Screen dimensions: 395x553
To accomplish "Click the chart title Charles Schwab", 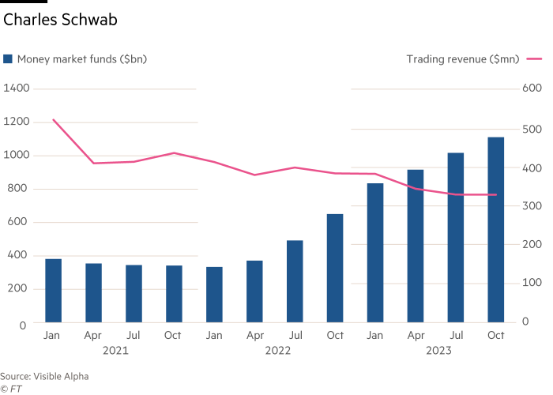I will click(60, 21).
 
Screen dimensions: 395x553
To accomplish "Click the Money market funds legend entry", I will click(75, 58).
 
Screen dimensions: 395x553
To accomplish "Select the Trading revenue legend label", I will click(463, 58).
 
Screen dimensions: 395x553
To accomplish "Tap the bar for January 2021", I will click(53, 290).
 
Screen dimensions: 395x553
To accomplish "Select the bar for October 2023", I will click(496, 229).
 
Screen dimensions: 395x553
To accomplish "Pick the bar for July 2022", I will click(295, 280).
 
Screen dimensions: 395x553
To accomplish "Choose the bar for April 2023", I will click(416, 245).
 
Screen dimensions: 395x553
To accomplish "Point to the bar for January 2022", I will click(214, 294).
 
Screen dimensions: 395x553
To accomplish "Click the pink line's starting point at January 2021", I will click(53, 119).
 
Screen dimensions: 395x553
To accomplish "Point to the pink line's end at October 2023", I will click(496, 194).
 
